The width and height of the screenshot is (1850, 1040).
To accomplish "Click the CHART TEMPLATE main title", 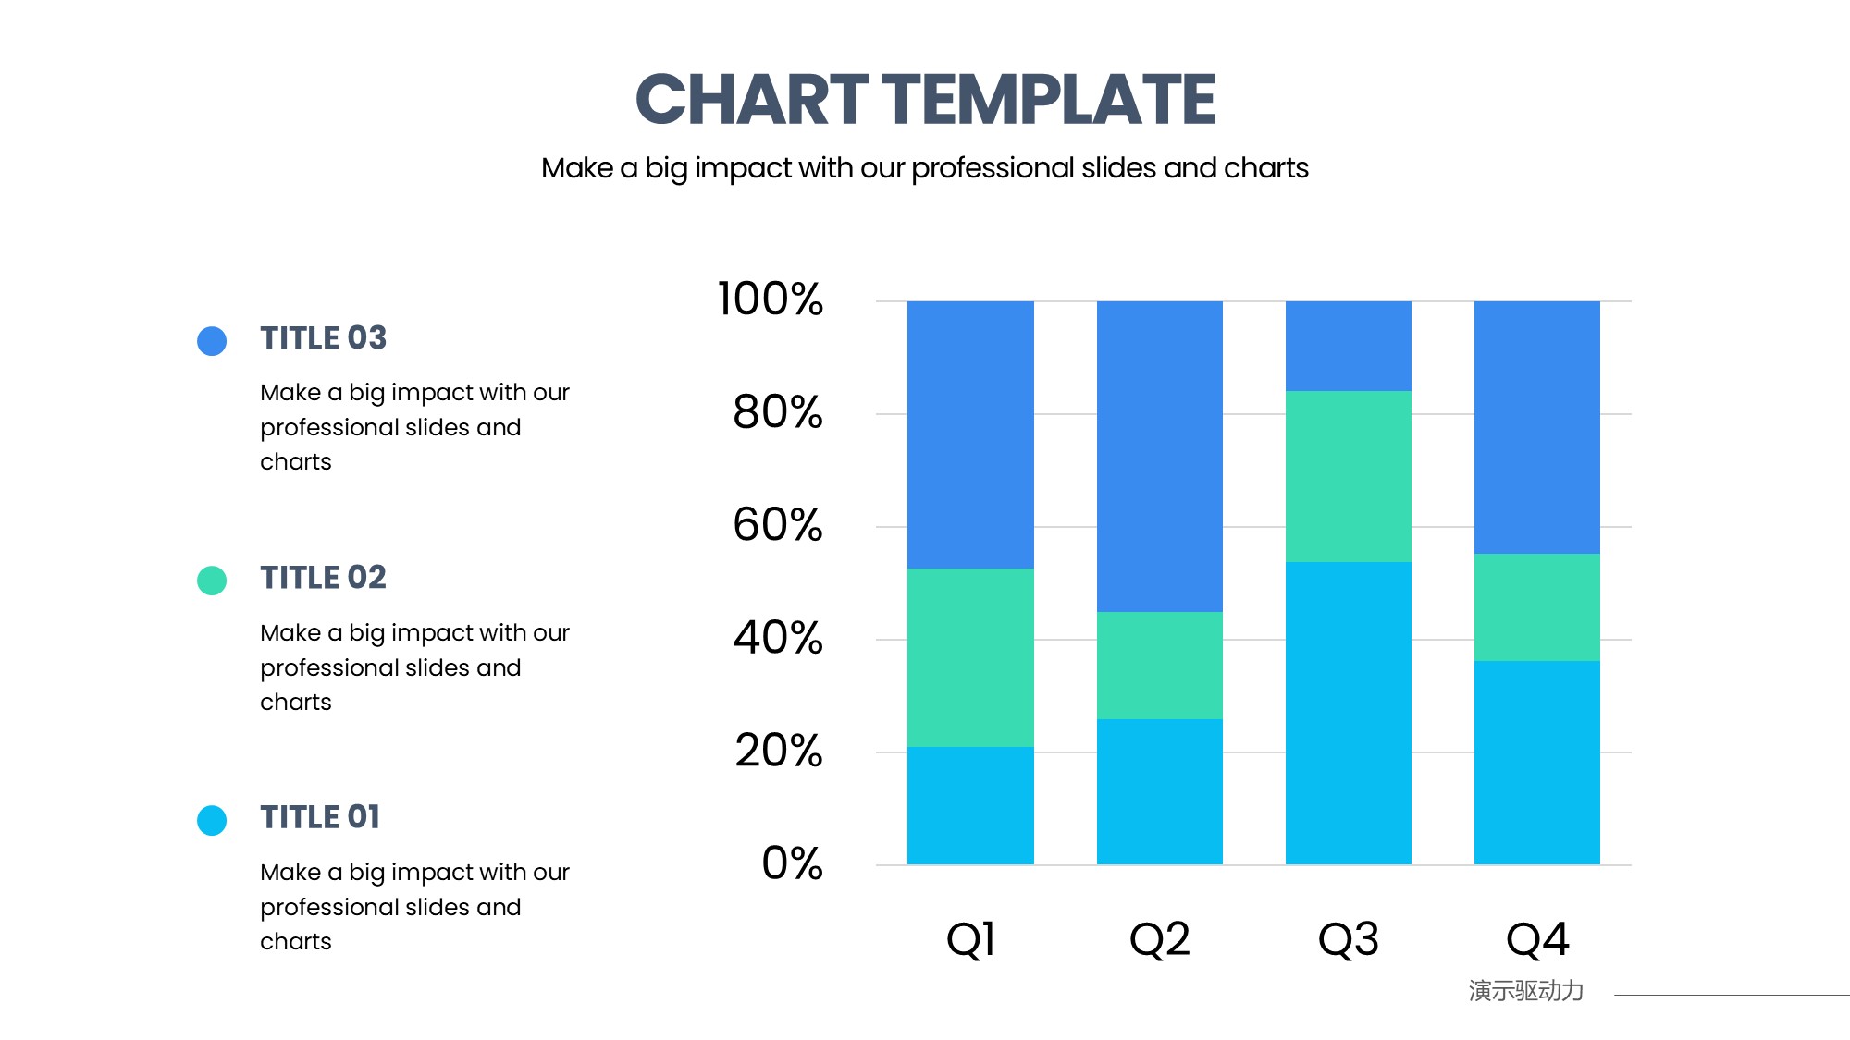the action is click(x=925, y=99).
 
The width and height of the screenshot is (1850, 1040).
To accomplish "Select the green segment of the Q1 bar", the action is click(x=970, y=657).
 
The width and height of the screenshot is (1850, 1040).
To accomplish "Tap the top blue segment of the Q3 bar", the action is click(x=1349, y=346).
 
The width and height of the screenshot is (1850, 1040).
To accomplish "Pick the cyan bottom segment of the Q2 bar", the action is click(x=1160, y=791).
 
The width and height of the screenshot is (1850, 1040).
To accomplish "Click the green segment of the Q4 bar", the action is click(x=1537, y=607).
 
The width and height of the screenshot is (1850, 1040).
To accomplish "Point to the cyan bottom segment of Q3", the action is click(x=1349, y=713).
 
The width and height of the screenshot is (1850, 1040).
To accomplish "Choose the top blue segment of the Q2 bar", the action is click(x=1160, y=457).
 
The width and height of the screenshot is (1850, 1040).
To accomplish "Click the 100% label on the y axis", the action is click(x=771, y=299).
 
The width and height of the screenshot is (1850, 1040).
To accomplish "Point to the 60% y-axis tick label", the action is click(x=778, y=524).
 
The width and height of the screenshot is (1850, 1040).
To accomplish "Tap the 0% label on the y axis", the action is click(x=793, y=863).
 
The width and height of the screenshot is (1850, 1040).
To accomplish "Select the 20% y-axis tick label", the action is click(x=779, y=750).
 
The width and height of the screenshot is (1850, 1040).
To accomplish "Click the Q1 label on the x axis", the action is click(x=970, y=939).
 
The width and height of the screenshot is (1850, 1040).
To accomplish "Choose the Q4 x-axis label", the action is click(x=1537, y=939).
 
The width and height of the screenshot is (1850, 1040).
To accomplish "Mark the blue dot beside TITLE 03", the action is click(x=212, y=341).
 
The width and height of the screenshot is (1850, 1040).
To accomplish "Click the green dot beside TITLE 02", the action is click(x=212, y=581).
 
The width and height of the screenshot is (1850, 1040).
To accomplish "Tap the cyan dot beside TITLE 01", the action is click(x=212, y=820).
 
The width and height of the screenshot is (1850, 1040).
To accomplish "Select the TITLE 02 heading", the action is click(x=323, y=578).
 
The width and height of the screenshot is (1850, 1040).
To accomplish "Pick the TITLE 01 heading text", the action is click(x=320, y=817).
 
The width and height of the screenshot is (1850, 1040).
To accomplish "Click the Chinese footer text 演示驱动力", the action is click(x=1526, y=991).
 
